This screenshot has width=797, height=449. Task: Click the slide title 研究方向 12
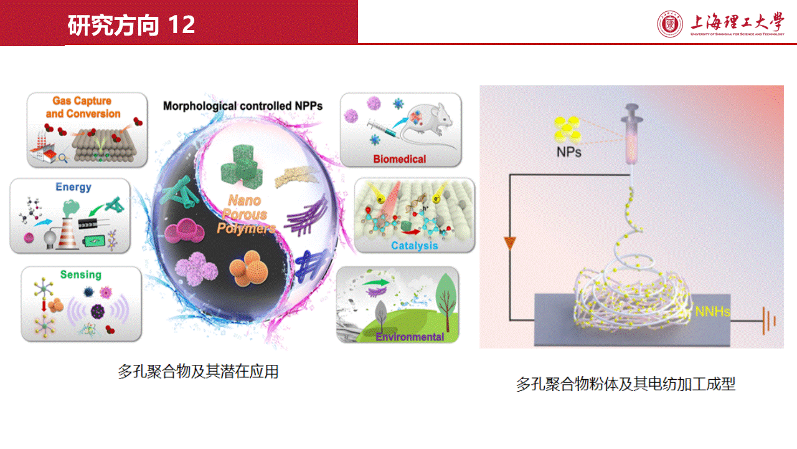[131, 25]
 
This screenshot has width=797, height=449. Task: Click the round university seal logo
[669, 24]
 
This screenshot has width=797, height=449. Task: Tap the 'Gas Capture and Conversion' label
[83, 107]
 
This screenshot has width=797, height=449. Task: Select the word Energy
[73, 186]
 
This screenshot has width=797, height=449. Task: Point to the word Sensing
[81, 275]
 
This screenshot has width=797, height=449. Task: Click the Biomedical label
[399, 159]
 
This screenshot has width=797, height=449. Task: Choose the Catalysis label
[415, 246]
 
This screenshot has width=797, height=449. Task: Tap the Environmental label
[410, 337]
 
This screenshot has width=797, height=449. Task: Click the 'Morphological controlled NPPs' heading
[243, 106]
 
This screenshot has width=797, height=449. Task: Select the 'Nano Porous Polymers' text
[245, 214]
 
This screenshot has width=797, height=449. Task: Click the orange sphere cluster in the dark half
[248, 268]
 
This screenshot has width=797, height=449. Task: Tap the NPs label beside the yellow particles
[568, 152]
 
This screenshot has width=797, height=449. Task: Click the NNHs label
[713, 311]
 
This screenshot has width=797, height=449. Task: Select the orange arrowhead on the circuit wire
[510, 243]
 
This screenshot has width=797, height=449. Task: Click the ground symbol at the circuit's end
[769, 321]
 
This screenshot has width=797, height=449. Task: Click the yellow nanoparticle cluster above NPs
[567, 129]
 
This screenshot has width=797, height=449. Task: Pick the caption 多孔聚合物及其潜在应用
[198, 372]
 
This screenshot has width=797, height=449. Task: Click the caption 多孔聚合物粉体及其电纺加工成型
[626, 384]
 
